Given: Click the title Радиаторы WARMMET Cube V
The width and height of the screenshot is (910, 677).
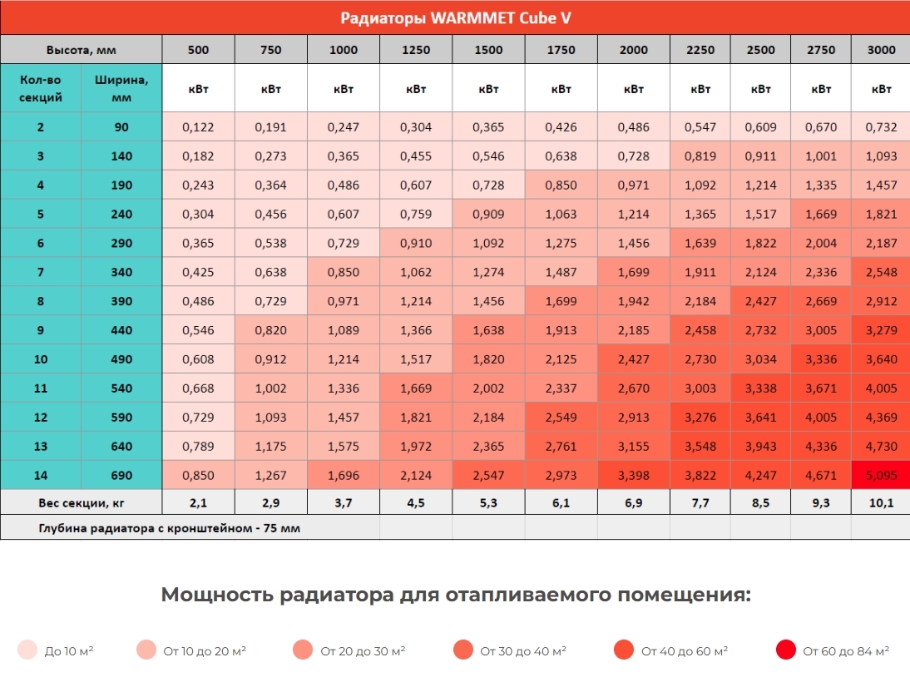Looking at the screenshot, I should click(455, 18).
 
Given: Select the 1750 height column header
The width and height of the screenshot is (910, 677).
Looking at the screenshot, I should click(561, 50).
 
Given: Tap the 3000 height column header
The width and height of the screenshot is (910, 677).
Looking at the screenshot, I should click(881, 50).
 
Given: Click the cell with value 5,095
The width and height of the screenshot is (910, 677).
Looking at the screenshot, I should click(881, 476).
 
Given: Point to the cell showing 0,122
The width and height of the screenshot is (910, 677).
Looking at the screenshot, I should click(198, 127).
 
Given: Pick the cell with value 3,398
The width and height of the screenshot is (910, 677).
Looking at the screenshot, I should click(634, 476).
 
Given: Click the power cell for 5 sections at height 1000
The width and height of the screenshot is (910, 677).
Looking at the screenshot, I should click(343, 215).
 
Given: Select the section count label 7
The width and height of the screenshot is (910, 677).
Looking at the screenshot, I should click(40, 273).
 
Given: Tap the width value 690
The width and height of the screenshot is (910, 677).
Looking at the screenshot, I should click(121, 476).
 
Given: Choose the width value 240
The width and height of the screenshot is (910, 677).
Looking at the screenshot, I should click(121, 215).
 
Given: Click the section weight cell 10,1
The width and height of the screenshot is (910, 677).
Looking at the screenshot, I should click(881, 503).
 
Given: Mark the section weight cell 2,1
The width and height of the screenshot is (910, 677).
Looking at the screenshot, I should click(198, 503).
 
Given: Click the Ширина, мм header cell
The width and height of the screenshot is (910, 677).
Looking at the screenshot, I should click(121, 89).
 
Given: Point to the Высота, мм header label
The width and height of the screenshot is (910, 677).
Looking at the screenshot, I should click(81, 50).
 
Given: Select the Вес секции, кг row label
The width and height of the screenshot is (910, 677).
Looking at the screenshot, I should click(81, 503).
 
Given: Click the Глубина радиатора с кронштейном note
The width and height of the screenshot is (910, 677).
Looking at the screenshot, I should click(170, 528).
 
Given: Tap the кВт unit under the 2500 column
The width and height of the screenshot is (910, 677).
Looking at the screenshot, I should click(761, 89).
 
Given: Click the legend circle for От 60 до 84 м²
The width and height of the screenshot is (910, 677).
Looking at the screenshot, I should click(785, 650).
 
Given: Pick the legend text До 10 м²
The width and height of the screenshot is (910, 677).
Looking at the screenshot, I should click(69, 651).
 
